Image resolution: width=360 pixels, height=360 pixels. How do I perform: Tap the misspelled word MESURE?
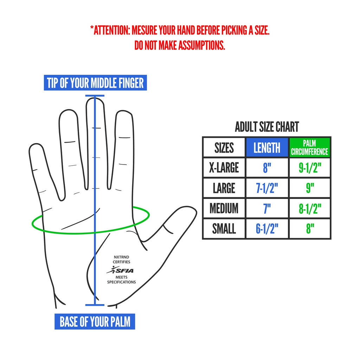pos(144,30)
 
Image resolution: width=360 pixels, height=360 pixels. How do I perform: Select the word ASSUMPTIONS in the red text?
pos(201,45)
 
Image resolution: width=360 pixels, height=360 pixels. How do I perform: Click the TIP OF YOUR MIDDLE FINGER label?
pos(95,83)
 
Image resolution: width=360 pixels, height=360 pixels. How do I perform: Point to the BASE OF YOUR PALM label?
pos(95,321)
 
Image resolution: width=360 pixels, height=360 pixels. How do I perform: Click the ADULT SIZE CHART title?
pos(267,127)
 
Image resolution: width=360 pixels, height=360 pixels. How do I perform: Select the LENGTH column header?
pos(267,147)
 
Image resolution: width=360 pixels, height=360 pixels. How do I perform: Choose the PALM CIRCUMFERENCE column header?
pos(309,147)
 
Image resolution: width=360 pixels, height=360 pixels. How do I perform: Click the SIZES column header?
pos(224,147)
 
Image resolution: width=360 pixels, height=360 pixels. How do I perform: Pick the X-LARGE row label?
pos(224,167)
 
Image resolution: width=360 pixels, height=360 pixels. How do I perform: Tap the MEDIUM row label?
pos(224,208)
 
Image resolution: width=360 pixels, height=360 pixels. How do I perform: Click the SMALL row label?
pos(224,229)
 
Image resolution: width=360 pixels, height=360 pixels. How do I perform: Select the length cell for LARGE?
pos(267,188)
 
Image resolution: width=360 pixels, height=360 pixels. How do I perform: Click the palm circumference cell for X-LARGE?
pos(310,167)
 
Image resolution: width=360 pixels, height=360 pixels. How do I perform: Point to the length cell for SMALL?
pos(267,229)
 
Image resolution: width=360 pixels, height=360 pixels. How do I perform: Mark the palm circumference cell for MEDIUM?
pos(310,208)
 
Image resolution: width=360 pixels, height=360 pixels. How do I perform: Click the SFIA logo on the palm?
pos(120,270)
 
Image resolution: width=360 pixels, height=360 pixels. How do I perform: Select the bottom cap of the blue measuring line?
pos(95,305)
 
